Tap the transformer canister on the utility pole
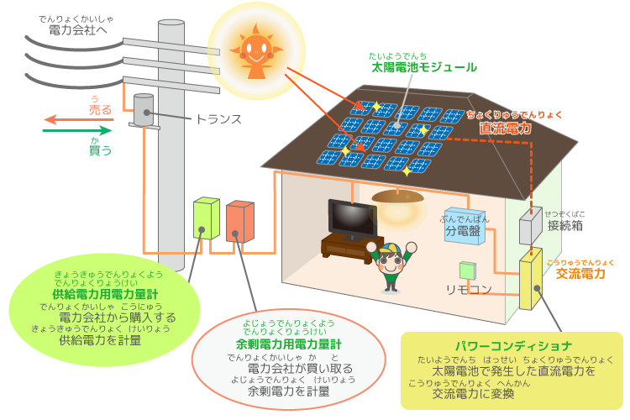click(144, 111)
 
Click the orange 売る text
click(100, 110)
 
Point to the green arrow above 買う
click(76, 131)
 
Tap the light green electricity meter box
click(206, 220)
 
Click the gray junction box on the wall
click(530, 226)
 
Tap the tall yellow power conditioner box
click(532, 281)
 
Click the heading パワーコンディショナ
click(513, 345)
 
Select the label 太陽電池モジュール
click(423, 67)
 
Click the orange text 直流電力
click(506, 129)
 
